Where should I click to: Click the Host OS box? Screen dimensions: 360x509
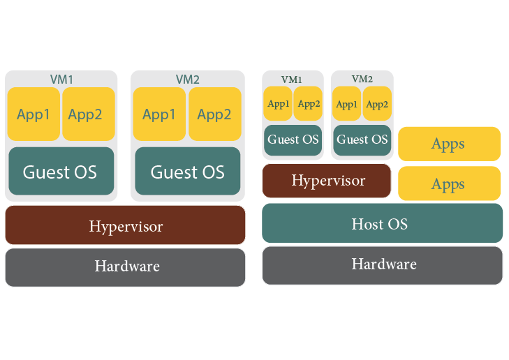[382, 224]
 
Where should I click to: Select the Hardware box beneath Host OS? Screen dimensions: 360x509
[382, 265]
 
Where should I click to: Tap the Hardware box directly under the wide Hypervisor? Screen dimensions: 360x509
[126, 267]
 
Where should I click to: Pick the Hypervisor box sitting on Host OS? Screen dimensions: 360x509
[327, 181]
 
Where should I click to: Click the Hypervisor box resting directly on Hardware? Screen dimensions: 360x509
[126, 226]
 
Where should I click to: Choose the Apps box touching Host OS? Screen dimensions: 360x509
[449, 184]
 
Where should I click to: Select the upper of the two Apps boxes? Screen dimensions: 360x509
[449, 144]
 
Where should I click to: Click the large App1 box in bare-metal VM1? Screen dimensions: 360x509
[34, 114]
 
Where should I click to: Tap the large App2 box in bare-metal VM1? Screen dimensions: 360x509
[88, 114]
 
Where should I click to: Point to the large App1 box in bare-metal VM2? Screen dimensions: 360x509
[159, 114]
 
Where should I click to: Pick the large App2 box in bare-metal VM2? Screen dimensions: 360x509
[214, 114]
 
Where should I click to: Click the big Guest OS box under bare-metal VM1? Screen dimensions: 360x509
[61, 172]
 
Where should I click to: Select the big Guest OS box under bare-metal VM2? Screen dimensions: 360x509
[187, 172]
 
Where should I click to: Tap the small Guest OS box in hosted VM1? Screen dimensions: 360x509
[293, 140]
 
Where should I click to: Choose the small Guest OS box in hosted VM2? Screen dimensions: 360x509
[362, 140]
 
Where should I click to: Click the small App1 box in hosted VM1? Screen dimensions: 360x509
[278, 104]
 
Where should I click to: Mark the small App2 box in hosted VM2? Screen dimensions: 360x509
[377, 104]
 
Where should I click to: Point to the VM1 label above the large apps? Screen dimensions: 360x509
[61, 79]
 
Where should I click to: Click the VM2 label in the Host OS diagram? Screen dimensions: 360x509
[362, 79]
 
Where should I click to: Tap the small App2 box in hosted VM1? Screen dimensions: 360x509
[308, 104]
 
